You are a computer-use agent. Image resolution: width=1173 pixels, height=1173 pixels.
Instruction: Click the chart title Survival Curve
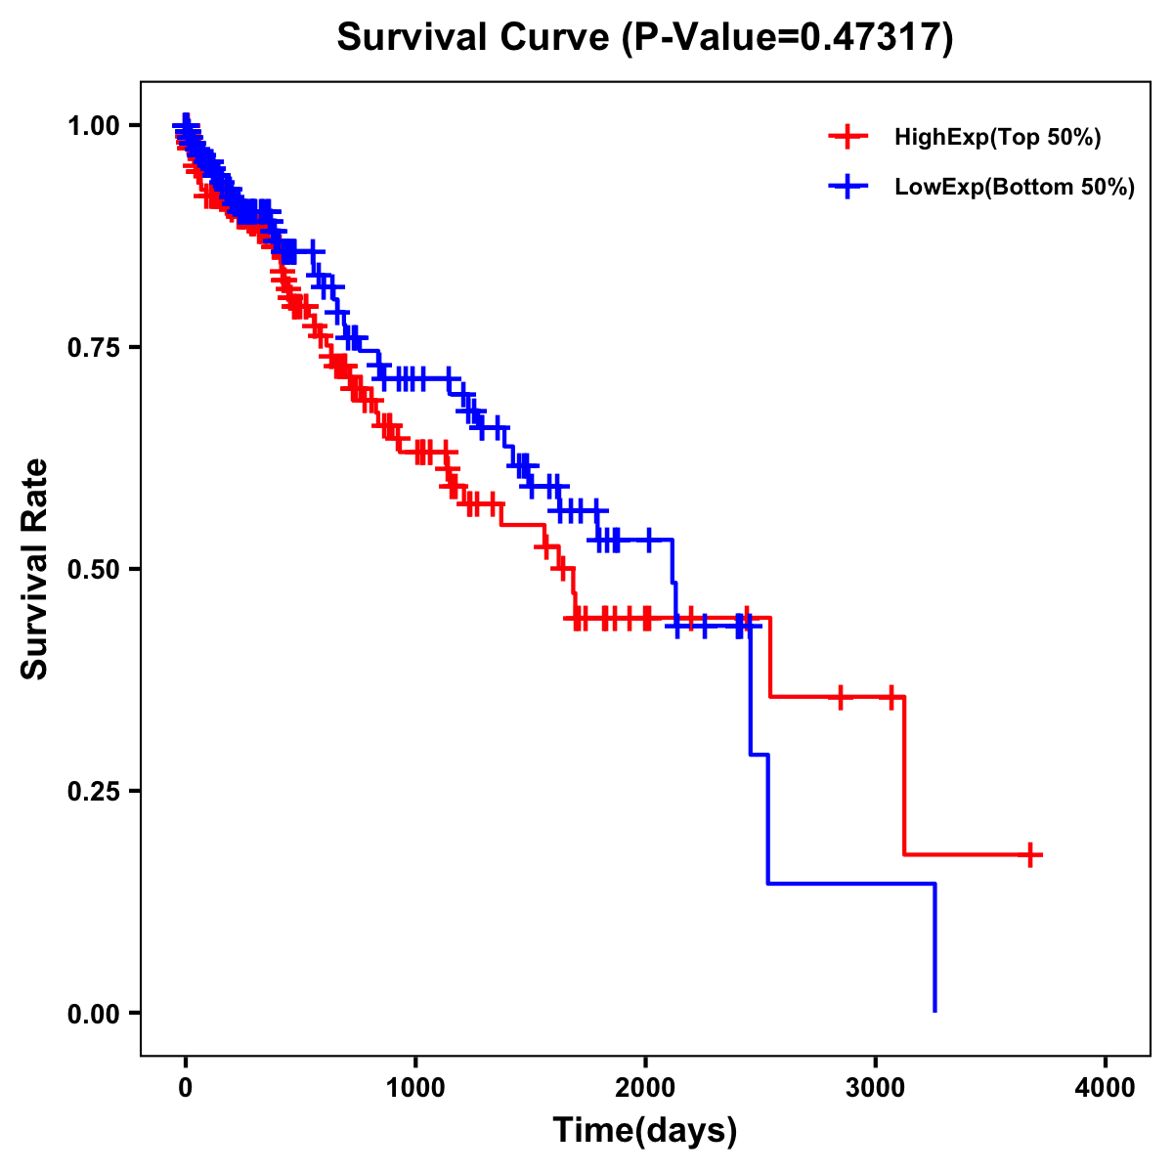pos(473,37)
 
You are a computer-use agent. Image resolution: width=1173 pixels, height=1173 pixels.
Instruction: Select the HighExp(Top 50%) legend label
pos(997,138)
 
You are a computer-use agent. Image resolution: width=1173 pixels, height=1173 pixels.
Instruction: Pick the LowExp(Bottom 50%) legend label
pos(1015,187)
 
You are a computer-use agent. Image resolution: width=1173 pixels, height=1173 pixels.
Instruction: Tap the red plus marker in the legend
pos(847,137)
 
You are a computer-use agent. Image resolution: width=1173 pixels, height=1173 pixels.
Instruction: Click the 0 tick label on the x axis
pos(186,1087)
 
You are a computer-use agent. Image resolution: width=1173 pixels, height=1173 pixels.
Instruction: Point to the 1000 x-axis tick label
pos(415,1087)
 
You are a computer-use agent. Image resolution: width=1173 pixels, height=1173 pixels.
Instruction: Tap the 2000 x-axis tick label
pos(645,1087)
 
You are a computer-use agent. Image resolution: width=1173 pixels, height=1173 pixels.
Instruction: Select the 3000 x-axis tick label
pos(876,1087)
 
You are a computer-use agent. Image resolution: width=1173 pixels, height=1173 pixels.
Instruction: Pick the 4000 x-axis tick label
pos(1106,1087)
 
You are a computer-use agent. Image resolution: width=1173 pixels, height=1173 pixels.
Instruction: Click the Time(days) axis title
pos(645,1131)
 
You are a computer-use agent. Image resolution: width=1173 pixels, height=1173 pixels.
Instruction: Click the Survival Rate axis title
pos(35,569)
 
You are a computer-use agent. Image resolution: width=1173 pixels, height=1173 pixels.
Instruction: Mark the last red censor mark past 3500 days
pos(1029,854)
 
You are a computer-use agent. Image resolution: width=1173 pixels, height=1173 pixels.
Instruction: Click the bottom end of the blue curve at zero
pos(935,1010)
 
